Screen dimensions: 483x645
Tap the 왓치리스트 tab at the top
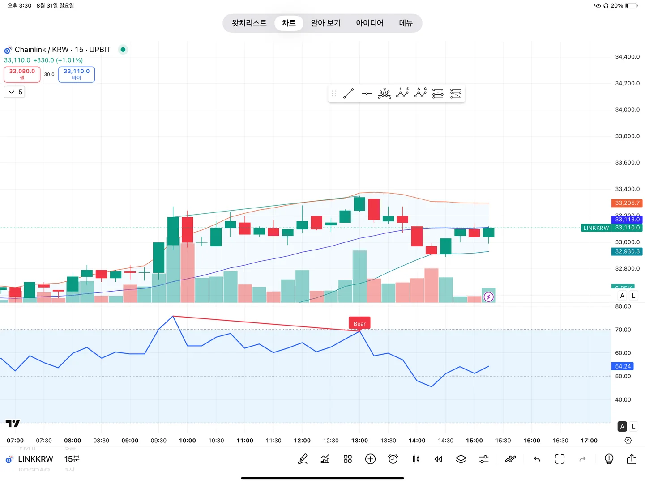[x=249, y=23]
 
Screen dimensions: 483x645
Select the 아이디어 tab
[x=370, y=23]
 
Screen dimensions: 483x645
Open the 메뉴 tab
[x=406, y=23]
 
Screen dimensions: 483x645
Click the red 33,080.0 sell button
[x=22, y=74]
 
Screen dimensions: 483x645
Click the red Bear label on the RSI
[x=359, y=323]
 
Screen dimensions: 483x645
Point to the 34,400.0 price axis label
[x=627, y=57]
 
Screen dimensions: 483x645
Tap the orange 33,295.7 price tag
[x=627, y=203]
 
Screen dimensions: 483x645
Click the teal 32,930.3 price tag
[x=627, y=251]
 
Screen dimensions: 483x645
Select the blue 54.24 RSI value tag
[x=623, y=366]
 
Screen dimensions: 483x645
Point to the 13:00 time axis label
[x=359, y=441]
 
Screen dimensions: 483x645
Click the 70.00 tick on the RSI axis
[x=623, y=330]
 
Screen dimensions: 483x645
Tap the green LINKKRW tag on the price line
[x=596, y=228]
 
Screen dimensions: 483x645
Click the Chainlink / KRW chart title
[x=62, y=50]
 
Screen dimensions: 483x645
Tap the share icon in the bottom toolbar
[x=632, y=459]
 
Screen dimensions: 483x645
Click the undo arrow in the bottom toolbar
[x=537, y=459]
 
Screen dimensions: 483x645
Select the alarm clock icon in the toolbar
[x=393, y=459]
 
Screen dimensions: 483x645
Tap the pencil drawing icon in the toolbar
[x=303, y=459]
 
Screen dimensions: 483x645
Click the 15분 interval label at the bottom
[x=72, y=459]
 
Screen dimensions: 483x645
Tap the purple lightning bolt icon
[x=489, y=297]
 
